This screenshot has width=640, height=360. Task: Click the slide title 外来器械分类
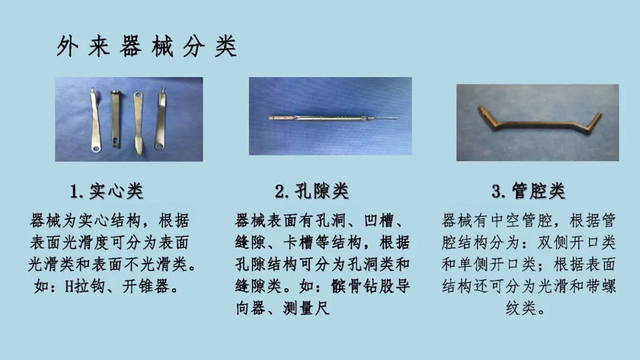pyautogui.click(x=146, y=47)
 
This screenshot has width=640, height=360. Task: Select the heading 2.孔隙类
pyautogui.click(x=311, y=191)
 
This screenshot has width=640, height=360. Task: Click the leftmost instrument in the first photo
pyautogui.click(x=95, y=122)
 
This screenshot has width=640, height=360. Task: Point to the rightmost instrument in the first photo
pyautogui.click(x=161, y=122)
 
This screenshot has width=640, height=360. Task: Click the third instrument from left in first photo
pyautogui.click(x=138, y=122)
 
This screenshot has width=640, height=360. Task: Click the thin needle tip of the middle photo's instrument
pyautogui.click(x=391, y=116)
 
